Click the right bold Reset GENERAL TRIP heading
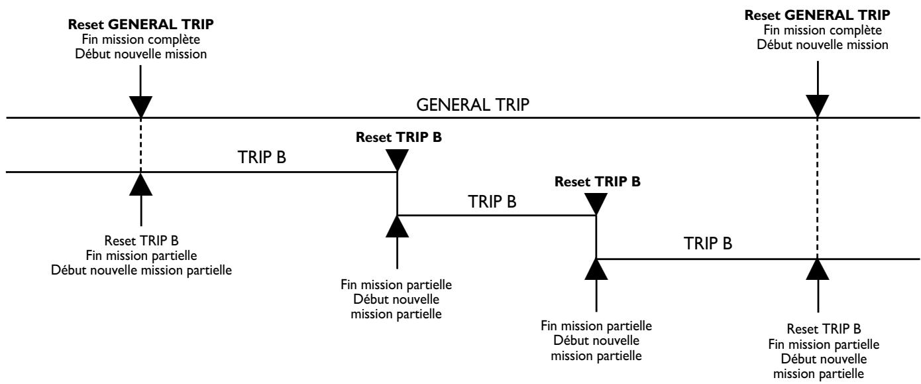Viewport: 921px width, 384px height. coord(817,14)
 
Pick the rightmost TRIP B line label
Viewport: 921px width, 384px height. coord(708,244)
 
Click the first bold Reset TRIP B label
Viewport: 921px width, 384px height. coord(398,139)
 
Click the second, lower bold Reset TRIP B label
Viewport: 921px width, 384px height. coord(598,180)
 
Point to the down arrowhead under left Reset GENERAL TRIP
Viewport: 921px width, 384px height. coord(142,107)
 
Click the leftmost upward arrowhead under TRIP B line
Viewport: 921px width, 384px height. coord(142,184)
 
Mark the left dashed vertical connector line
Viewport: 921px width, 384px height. coord(142,145)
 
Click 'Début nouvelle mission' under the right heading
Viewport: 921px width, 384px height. coord(817,45)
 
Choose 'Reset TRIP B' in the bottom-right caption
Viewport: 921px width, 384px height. coord(817,329)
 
